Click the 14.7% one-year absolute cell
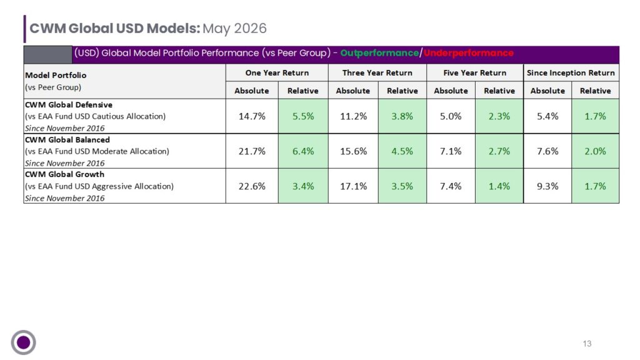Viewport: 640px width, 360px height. [x=252, y=116]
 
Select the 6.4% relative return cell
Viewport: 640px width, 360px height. [x=303, y=151]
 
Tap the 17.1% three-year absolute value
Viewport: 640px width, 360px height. [x=354, y=186]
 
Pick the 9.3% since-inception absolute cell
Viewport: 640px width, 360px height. [x=547, y=186]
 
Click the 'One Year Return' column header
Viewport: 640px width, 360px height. [x=277, y=72]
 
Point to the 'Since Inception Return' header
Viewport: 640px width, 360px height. [x=571, y=72]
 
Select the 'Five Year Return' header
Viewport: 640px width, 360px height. [x=475, y=72]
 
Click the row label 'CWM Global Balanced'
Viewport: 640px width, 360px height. [x=67, y=139]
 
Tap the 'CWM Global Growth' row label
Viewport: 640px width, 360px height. [x=64, y=174]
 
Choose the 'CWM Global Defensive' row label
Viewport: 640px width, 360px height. [x=69, y=105]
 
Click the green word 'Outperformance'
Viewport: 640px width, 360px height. [x=379, y=53]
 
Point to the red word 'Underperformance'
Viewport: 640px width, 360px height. [x=469, y=53]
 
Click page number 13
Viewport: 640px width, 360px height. [x=587, y=344]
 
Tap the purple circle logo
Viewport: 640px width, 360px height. [x=23, y=342]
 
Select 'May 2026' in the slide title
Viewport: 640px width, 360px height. [x=235, y=28]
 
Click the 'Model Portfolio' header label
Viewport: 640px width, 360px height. [x=56, y=75]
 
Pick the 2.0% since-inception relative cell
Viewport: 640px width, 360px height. [x=596, y=151]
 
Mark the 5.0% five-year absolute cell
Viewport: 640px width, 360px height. [x=451, y=116]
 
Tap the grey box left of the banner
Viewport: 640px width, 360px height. [x=47, y=55]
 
